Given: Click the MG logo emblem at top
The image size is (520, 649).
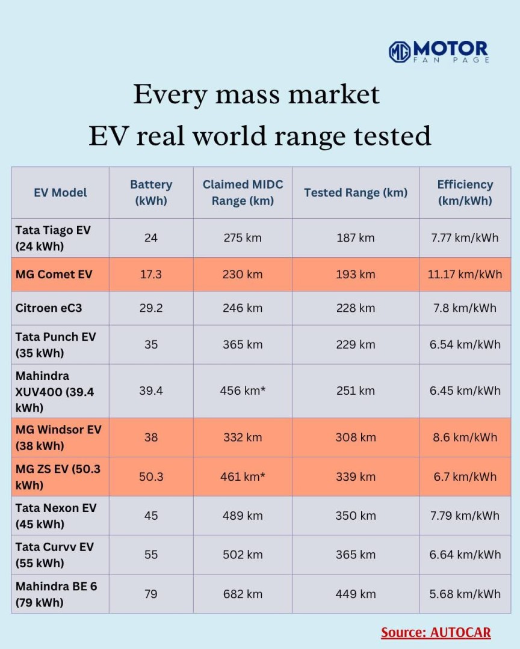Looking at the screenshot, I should click(400, 52).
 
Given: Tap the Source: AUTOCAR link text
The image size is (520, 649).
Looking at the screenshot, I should click(436, 632).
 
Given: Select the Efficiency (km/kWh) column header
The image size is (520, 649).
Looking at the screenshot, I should click(465, 192).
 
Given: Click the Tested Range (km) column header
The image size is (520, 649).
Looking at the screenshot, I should click(356, 192).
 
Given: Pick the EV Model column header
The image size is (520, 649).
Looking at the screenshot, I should click(60, 192).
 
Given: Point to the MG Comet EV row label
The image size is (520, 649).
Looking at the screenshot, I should click(54, 275).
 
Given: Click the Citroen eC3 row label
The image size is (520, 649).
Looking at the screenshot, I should click(49, 308).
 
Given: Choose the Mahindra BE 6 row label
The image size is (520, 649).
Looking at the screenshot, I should click(56, 594).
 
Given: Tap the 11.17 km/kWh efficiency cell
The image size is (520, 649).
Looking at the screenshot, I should click(465, 275).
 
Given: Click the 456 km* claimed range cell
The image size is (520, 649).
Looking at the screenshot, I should click(243, 391).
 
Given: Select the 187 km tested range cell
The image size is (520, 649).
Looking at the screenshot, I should click(356, 238).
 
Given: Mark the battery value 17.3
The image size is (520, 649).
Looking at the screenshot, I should click(151, 275).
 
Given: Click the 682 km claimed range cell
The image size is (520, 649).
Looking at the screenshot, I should click(243, 594).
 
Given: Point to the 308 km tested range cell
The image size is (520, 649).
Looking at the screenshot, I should click(356, 437).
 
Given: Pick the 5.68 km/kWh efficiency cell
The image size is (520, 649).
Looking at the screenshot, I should click(465, 594).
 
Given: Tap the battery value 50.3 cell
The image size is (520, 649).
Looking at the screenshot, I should click(151, 477).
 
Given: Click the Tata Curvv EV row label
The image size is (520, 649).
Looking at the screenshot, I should click(55, 555).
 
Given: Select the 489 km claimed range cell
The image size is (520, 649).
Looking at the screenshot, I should click(243, 516).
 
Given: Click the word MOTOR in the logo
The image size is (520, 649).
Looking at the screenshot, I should click(451, 48).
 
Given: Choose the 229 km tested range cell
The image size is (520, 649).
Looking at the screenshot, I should click(356, 344).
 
